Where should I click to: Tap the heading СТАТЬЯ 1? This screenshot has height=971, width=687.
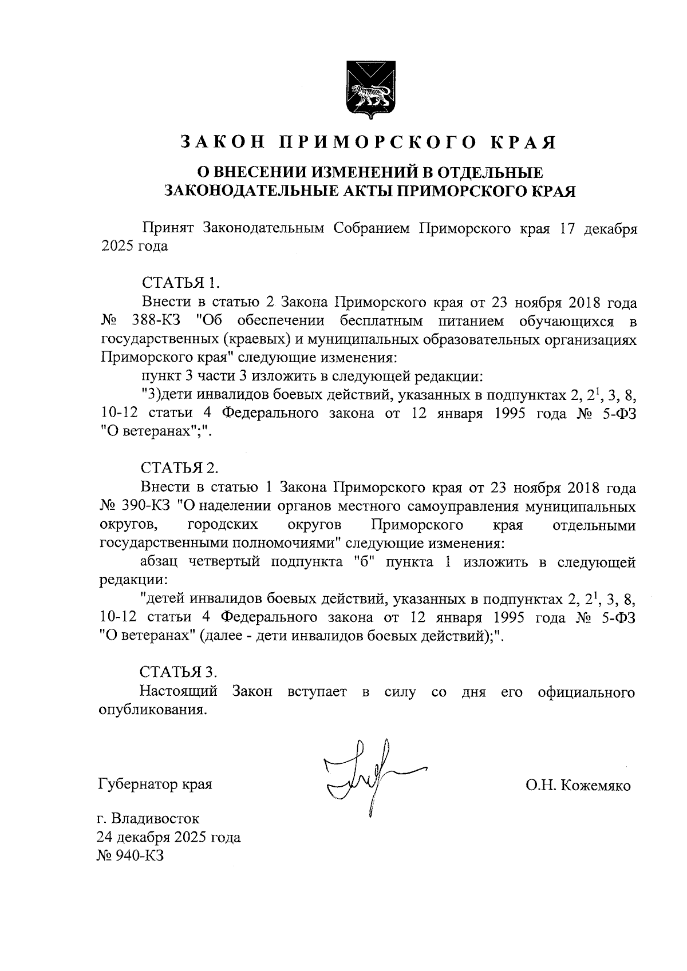coord(180,283)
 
